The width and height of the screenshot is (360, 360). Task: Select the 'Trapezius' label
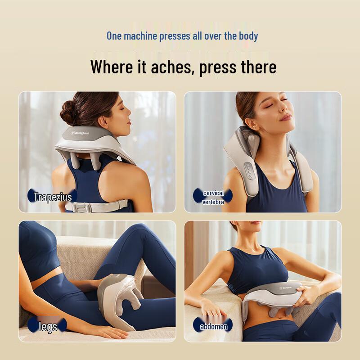[x=52, y=197]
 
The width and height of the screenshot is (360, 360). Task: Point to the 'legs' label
[x=48, y=326]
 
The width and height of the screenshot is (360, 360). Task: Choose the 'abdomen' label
[x=213, y=326]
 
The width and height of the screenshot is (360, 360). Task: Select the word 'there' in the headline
[x=256, y=67]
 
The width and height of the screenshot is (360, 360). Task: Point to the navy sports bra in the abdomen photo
[x=256, y=270]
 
